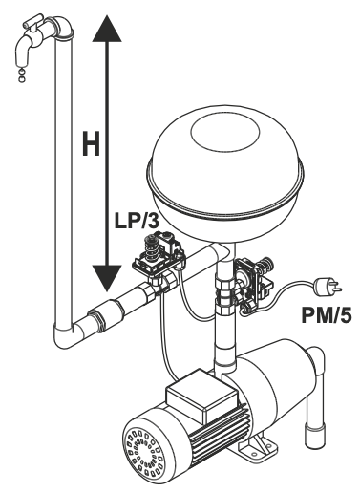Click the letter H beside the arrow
91,144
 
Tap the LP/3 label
137,221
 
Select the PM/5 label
327,315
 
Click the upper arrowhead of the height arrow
107,29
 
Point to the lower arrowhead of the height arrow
107,278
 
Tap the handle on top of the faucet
32,21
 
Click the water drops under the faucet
21,75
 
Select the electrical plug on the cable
327,286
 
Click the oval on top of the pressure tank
225,133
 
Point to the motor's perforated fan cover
144,452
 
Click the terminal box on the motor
202,395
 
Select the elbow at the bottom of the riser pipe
65,335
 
